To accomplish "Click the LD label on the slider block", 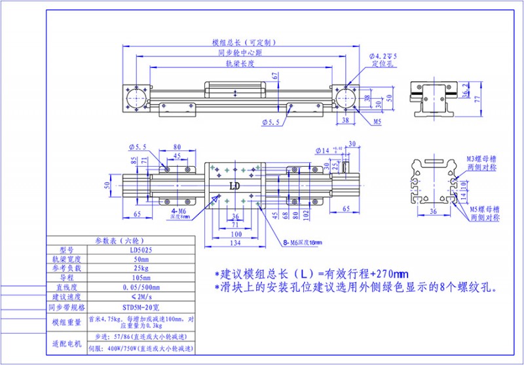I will [x=234, y=186].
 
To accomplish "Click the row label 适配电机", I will [x=64, y=343].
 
